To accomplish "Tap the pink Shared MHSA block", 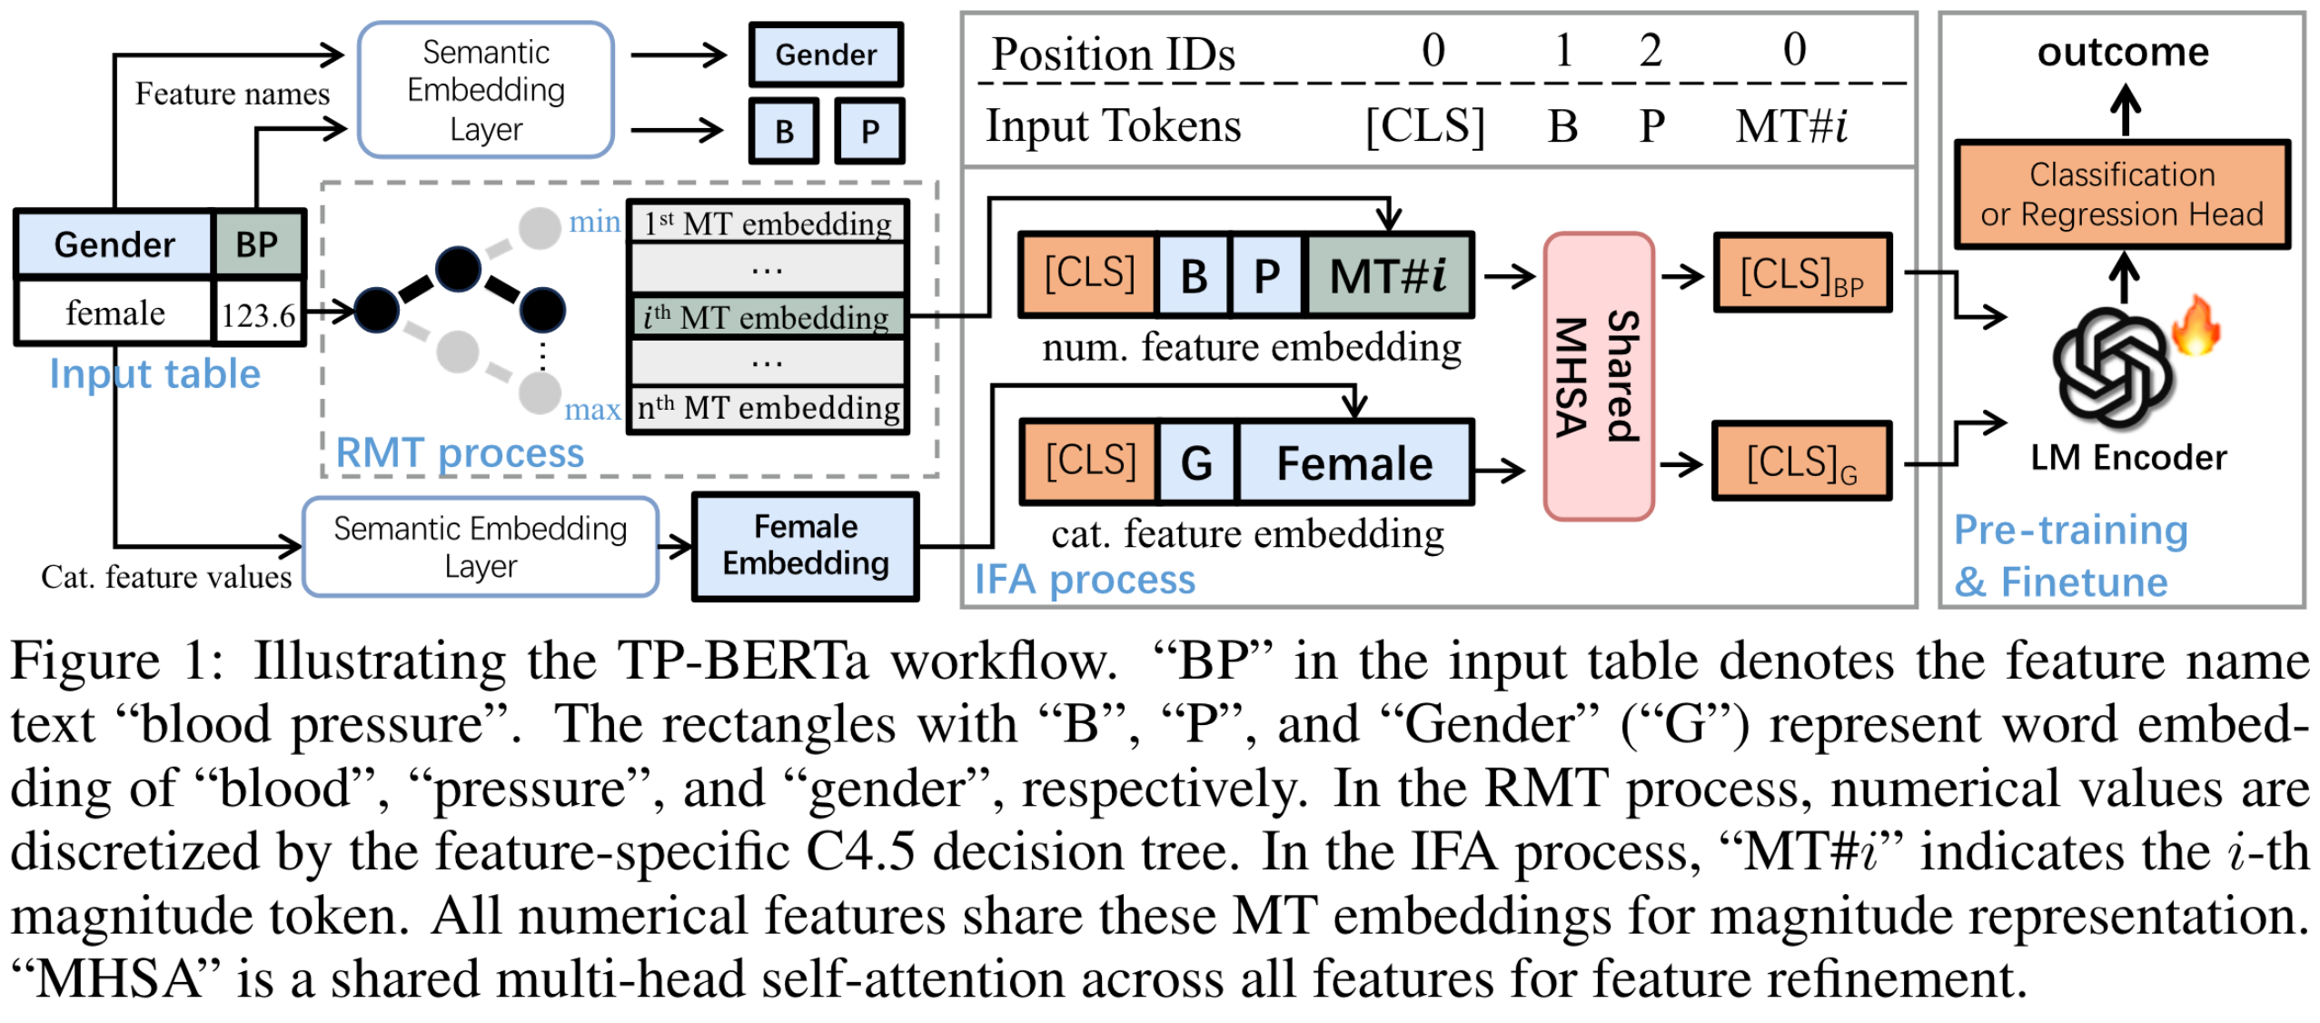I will [1598, 376].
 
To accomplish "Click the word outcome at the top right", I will [2122, 53].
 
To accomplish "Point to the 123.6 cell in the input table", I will [258, 315].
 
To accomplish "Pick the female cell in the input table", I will [115, 313].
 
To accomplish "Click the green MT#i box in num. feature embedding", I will [1387, 275].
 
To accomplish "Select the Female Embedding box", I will [805, 546].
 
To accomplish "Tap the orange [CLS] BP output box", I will [1801, 274].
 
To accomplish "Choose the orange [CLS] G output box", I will [1801, 462].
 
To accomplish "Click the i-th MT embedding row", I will [767, 317].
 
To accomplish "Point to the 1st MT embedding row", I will [767, 223].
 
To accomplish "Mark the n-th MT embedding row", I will [767, 409].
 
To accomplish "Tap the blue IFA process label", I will [1084, 580].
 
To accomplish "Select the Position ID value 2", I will [1650, 50].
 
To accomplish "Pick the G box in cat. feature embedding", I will [1195, 463].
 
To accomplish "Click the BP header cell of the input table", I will [257, 244].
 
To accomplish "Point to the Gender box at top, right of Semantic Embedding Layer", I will [825, 55].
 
